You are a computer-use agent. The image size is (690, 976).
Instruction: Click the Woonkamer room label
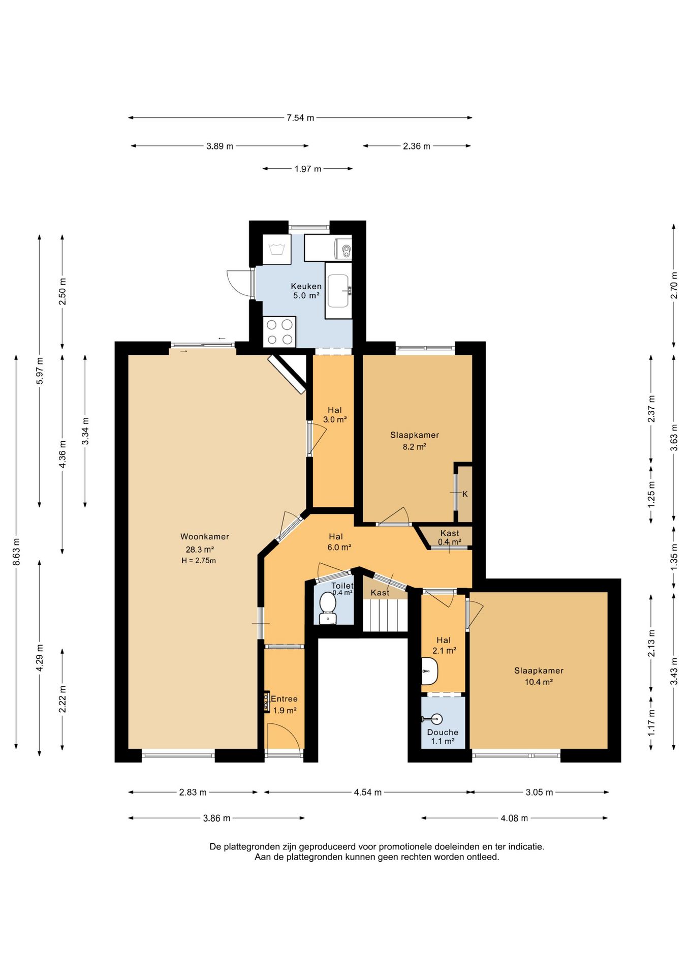coord(205,536)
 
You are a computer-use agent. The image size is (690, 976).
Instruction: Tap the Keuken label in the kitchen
coord(306,286)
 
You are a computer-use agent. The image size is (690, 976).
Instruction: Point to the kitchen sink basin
coord(338,291)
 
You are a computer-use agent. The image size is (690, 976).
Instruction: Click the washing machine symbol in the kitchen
coord(277,249)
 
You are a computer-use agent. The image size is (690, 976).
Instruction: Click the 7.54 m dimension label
coord(300,118)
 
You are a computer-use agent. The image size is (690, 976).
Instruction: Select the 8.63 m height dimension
coord(16,552)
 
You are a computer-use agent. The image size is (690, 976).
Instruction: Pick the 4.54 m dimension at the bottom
coord(368,792)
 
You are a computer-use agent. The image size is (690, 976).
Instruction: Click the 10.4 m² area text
coord(539,682)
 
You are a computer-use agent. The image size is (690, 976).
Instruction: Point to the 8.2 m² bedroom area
coord(414,447)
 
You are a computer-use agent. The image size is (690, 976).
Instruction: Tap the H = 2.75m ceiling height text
coord(199,561)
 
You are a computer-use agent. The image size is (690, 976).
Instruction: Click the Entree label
coord(284,699)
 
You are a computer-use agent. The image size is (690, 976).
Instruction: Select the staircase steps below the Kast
coord(385,615)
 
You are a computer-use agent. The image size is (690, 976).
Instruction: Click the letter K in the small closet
coord(465,494)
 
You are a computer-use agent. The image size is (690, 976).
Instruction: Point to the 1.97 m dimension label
coord(308,169)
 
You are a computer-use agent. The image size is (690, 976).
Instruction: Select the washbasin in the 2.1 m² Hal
coord(429,672)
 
